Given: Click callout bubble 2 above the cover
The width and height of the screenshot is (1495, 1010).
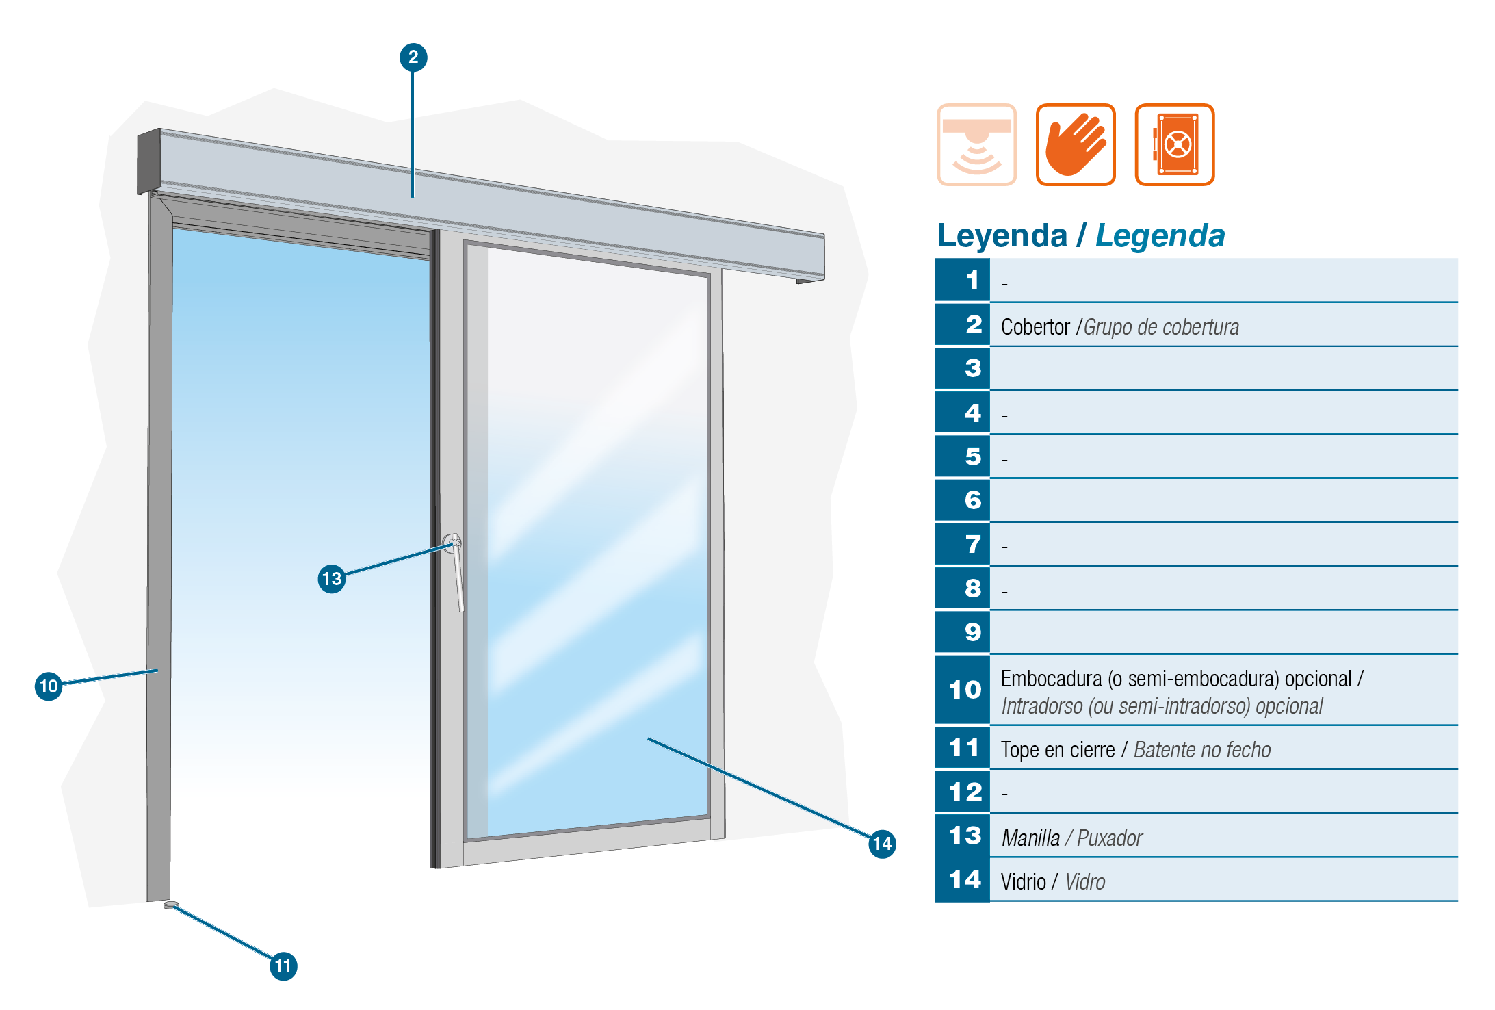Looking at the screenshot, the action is [413, 57].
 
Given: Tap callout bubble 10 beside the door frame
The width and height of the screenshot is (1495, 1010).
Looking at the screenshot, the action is [49, 686].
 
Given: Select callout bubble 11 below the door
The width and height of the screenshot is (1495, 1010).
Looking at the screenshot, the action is [283, 966].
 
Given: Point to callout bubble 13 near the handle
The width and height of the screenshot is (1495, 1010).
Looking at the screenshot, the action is [332, 579].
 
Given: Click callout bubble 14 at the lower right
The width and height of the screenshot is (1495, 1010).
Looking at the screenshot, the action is [882, 844].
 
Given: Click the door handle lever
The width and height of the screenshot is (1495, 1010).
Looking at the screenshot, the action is [456, 571].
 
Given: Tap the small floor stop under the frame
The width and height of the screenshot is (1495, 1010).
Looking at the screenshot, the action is [171, 905].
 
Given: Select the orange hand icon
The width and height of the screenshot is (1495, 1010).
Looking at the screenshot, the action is [1076, 144].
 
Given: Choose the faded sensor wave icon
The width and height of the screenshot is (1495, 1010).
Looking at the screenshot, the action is [976, 144].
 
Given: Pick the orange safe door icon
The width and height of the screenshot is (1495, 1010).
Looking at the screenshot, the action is [1175, 144].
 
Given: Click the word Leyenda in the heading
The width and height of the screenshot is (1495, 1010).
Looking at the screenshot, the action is [1002, 236].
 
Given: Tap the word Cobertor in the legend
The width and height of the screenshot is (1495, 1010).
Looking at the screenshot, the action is [1035, 327].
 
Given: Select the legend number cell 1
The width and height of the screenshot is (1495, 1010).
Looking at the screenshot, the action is [962, 280].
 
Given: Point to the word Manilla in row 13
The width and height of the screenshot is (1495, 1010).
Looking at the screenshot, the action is [1030, 838].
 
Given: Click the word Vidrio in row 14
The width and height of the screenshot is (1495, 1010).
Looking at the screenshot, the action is [1024, 882].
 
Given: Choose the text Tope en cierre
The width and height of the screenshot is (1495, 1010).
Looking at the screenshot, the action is [1058, 750].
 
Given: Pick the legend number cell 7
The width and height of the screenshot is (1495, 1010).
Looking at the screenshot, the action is [962, 544].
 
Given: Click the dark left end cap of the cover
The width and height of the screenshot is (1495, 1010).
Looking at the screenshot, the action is [148, 161].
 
